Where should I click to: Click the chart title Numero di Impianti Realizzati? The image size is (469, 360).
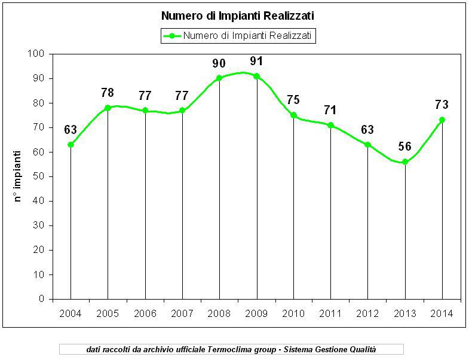click(x=237, y=15)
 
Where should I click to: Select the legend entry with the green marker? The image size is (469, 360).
click(x=238, y=36)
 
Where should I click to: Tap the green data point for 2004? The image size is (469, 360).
click(x=70, y=144)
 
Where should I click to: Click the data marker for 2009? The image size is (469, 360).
click(x=257, y=76)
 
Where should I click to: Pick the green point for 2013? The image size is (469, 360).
click(x=405, y=161)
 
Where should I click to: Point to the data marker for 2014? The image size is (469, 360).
click(x=442, y=120)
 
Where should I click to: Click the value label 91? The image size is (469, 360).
click(x=257, y=61)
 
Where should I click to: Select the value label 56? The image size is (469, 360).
click(x=405, y=147)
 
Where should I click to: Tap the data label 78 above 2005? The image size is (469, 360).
click(x=108, y=93)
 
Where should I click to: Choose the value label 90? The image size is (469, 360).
click(x=219, y=63)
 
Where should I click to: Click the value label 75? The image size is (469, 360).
click(x=293, y=100)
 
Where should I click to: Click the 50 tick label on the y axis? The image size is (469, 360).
click(x=39, y=176)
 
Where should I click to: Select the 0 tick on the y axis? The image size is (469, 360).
click(x=42, y=299)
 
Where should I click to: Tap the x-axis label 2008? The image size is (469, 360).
click(x=219, y=313)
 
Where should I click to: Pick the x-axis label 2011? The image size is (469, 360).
click(x=330, y=313)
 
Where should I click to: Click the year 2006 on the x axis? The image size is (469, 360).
click(x=145, y=313)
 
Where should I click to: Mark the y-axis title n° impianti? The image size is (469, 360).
click(x=19, y=176)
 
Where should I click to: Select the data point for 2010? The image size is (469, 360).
click(x=293, y=115)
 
